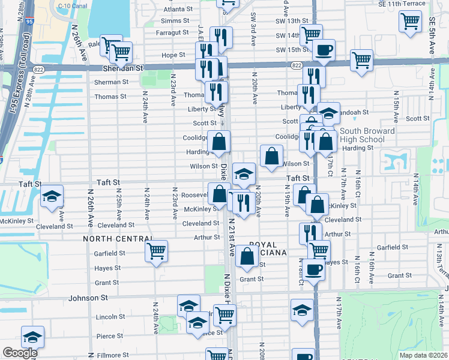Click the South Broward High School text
tap(367, 135)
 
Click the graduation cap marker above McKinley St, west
tap(52, 196)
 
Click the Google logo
tap(20, 353)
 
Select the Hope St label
tap(173, 55)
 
